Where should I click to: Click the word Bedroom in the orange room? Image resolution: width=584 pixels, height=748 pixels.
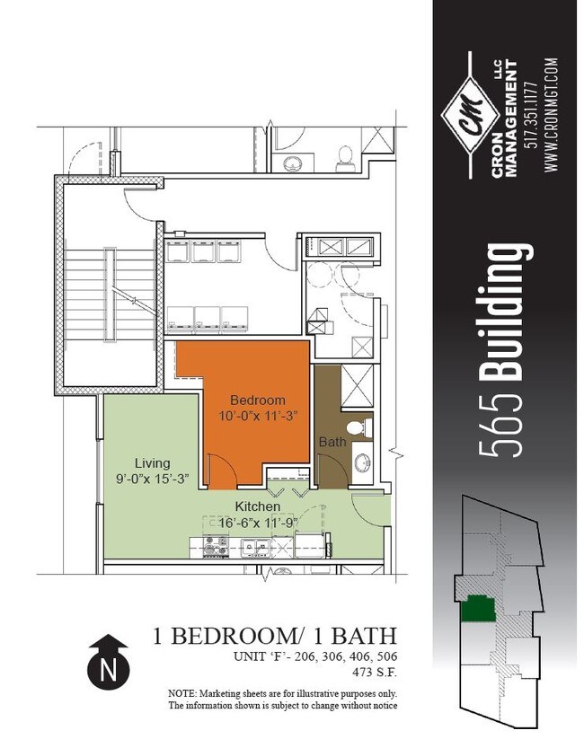click(257, 400)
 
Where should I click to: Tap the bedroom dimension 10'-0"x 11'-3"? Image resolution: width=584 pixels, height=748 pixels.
click(257, 416)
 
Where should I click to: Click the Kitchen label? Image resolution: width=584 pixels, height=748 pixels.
click(258, 506)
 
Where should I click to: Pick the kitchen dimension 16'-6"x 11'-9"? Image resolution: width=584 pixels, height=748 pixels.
click(258, 523)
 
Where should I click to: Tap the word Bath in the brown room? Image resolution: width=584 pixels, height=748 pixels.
click(331, 442)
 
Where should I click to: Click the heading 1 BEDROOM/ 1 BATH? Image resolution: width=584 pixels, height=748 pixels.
click(275, 637)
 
